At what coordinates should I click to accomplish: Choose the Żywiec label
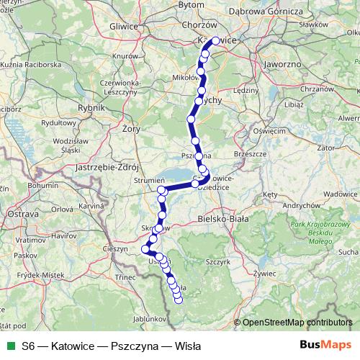coord(266,273)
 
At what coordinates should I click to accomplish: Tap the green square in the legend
coord(11,346)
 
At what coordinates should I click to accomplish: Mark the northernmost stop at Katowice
coord(215,41)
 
